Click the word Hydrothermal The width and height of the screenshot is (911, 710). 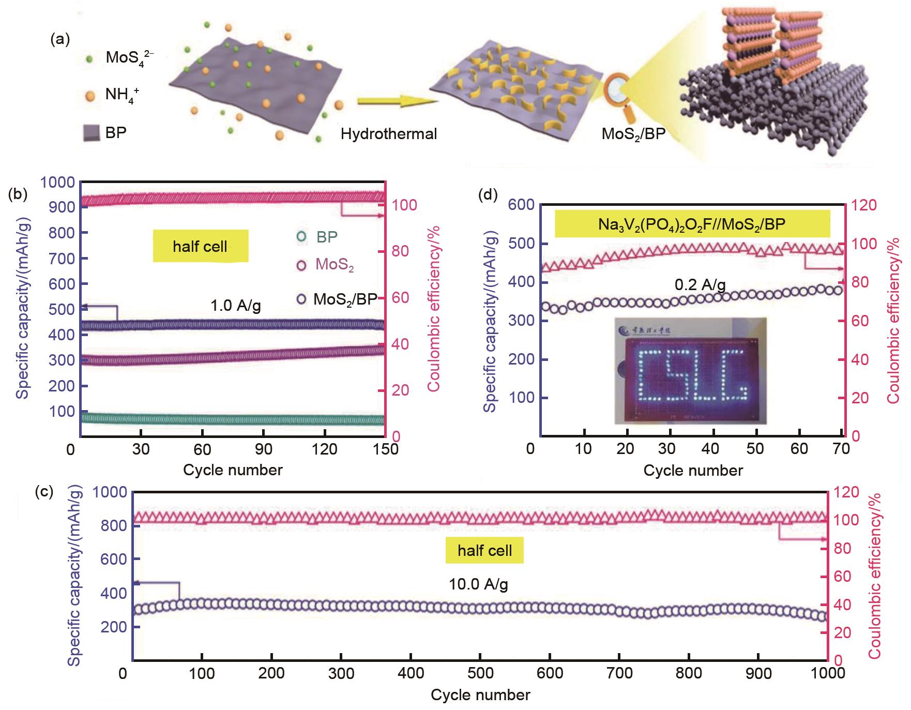389,134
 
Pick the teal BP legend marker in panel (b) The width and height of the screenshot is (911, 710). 302,237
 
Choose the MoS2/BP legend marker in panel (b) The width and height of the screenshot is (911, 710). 302,299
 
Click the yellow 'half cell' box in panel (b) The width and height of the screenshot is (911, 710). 200,246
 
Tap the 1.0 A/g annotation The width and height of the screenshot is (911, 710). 235,306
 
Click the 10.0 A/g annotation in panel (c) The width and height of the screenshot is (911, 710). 478,584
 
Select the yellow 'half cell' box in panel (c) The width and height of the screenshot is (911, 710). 484,550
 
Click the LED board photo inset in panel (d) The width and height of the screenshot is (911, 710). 689,370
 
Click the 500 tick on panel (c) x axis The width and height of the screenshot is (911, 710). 480,673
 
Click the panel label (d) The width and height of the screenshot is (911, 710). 488,195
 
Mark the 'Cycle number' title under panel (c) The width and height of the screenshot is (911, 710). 480,695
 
